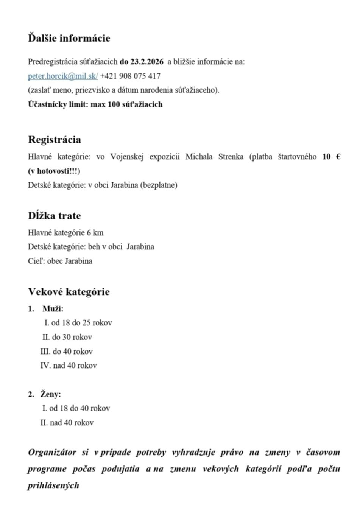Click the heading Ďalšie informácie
tap(69, 38)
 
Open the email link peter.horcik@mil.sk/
tap(63, 76)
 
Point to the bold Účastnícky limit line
tap(95, 104)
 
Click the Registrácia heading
tap(54, 140)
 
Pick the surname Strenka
tap(231, 157)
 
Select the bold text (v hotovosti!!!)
tap(54, 171)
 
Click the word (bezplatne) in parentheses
tap(159, 185)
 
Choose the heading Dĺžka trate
tap(54, 216)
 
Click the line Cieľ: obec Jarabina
tap(60, 261)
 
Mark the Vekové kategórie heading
tap(69, 292)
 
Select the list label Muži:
tap(53, 309)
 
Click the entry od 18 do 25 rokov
tap(81, 323)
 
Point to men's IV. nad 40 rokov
tap(69, 366)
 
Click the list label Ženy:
tap(51, 394)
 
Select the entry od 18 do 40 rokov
tap(79, 408)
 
